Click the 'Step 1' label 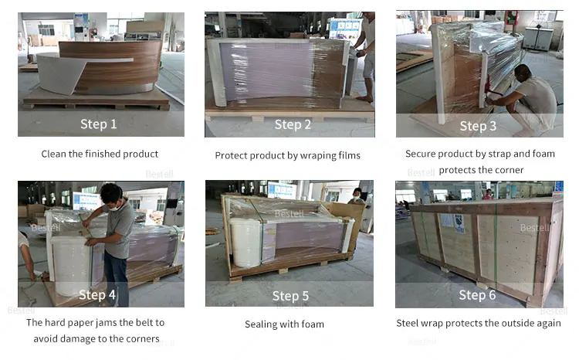pos(99,124)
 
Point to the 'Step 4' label pos(97,294)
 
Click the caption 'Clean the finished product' pos(100,154)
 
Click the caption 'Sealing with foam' pos(284,324)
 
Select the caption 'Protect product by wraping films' pos(287,155)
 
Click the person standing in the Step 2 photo pos(365,54)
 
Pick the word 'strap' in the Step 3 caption pos(499,154)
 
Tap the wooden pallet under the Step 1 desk pos(96,100)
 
